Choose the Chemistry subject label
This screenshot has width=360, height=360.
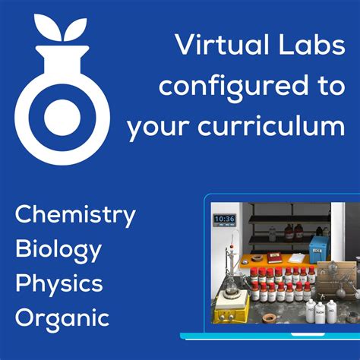tap(75, 215)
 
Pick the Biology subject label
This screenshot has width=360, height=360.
tap(58, 248)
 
